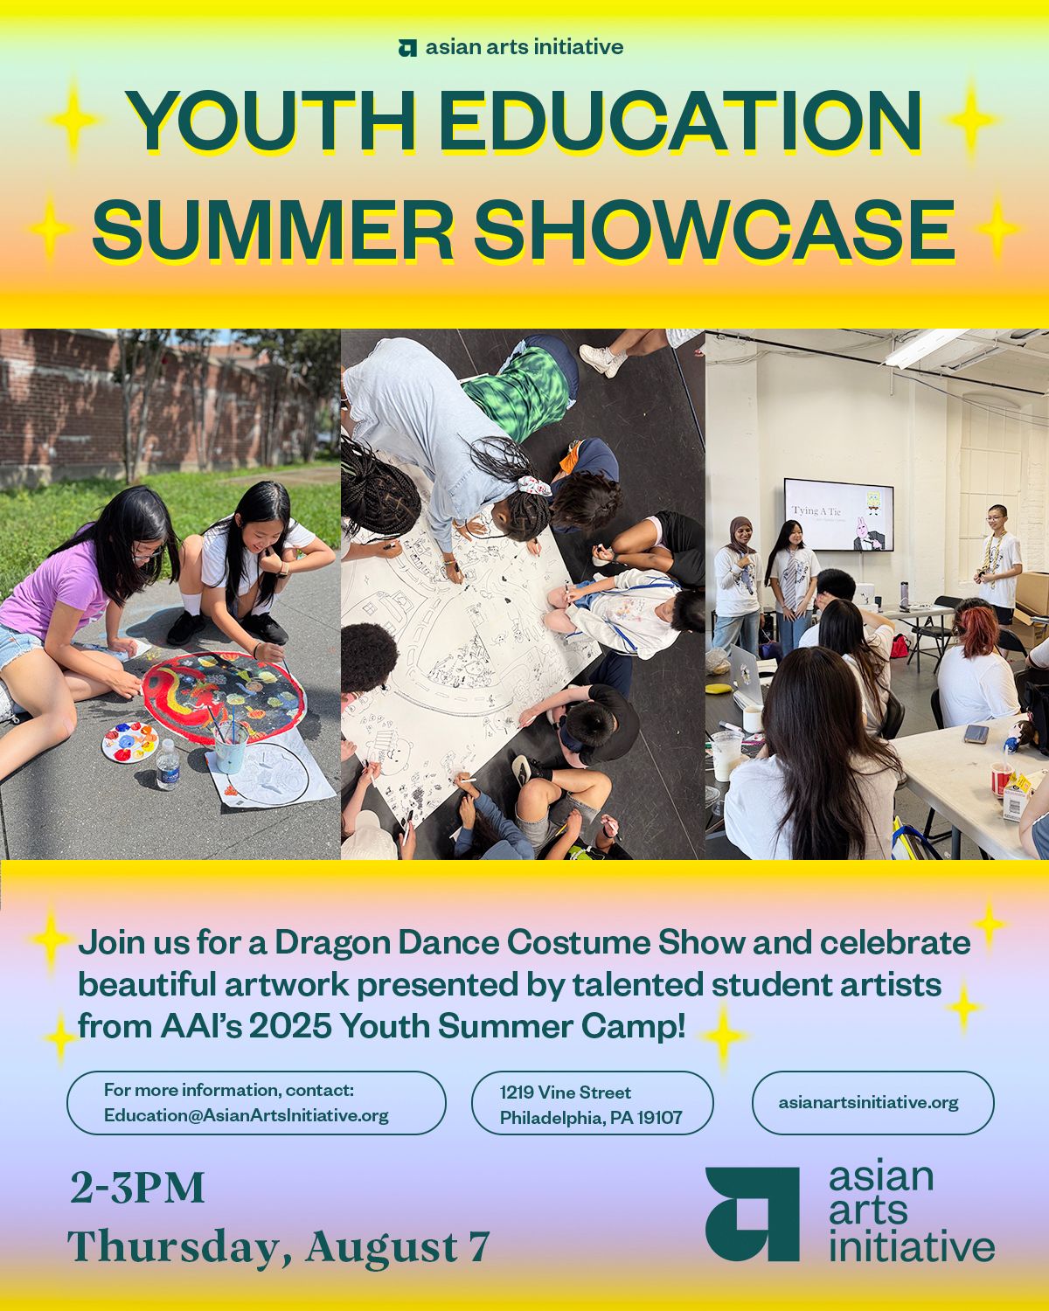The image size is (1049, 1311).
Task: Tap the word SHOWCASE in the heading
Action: pos(714,230)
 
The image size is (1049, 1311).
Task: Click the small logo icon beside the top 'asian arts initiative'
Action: pos(407,47)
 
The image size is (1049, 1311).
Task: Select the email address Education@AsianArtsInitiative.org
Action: pos(247,1115)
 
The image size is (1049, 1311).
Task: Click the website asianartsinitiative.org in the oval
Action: pos(868,1103)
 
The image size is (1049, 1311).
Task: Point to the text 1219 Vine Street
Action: pos(566,1092)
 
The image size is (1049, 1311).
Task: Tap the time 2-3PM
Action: pos(137,1188)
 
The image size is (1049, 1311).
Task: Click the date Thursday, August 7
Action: pos(278,1247)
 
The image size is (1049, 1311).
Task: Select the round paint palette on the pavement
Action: pos(130,741)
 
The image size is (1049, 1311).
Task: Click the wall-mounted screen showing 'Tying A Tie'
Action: pos(838,515)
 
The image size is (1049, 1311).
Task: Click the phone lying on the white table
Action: pos(976,732)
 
